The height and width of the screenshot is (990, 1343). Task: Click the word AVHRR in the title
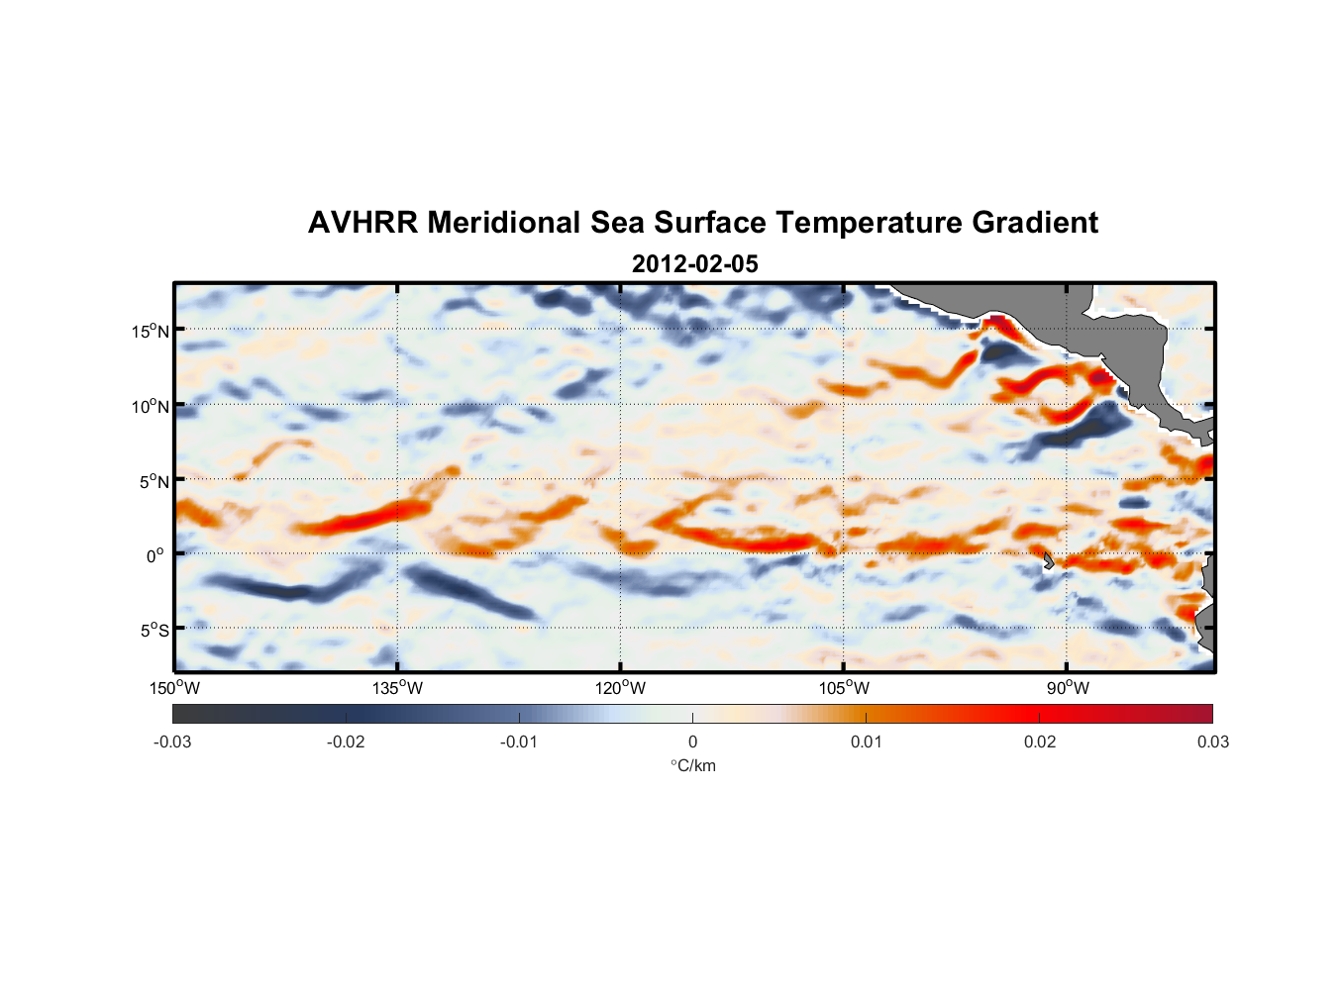(362, 223)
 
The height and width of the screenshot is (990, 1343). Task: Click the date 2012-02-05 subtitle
(694, 264)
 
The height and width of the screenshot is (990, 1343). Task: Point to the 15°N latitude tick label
(151, 331)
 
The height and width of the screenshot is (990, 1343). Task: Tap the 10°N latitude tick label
(151, 406)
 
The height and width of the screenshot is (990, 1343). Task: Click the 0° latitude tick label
(155, 555)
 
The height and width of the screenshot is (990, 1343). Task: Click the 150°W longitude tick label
(175, 688)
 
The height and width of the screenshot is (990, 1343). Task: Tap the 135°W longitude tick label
(398, 688)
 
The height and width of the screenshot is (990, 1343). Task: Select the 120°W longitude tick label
(621, 688)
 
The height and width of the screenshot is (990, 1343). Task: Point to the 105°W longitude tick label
(844, 688)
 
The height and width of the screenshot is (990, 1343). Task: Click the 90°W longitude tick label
(1067, 688)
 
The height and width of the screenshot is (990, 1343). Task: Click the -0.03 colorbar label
(172, 742)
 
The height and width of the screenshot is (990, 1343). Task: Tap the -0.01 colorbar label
(519, 742)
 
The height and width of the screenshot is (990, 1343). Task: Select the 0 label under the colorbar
(692, 742)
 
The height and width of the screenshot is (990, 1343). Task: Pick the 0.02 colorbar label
(1040, 742)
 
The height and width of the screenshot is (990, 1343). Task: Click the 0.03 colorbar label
(1212, 742)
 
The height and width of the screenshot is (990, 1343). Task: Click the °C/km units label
(693, 765)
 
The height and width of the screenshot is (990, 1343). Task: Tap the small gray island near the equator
(1049, 561)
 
